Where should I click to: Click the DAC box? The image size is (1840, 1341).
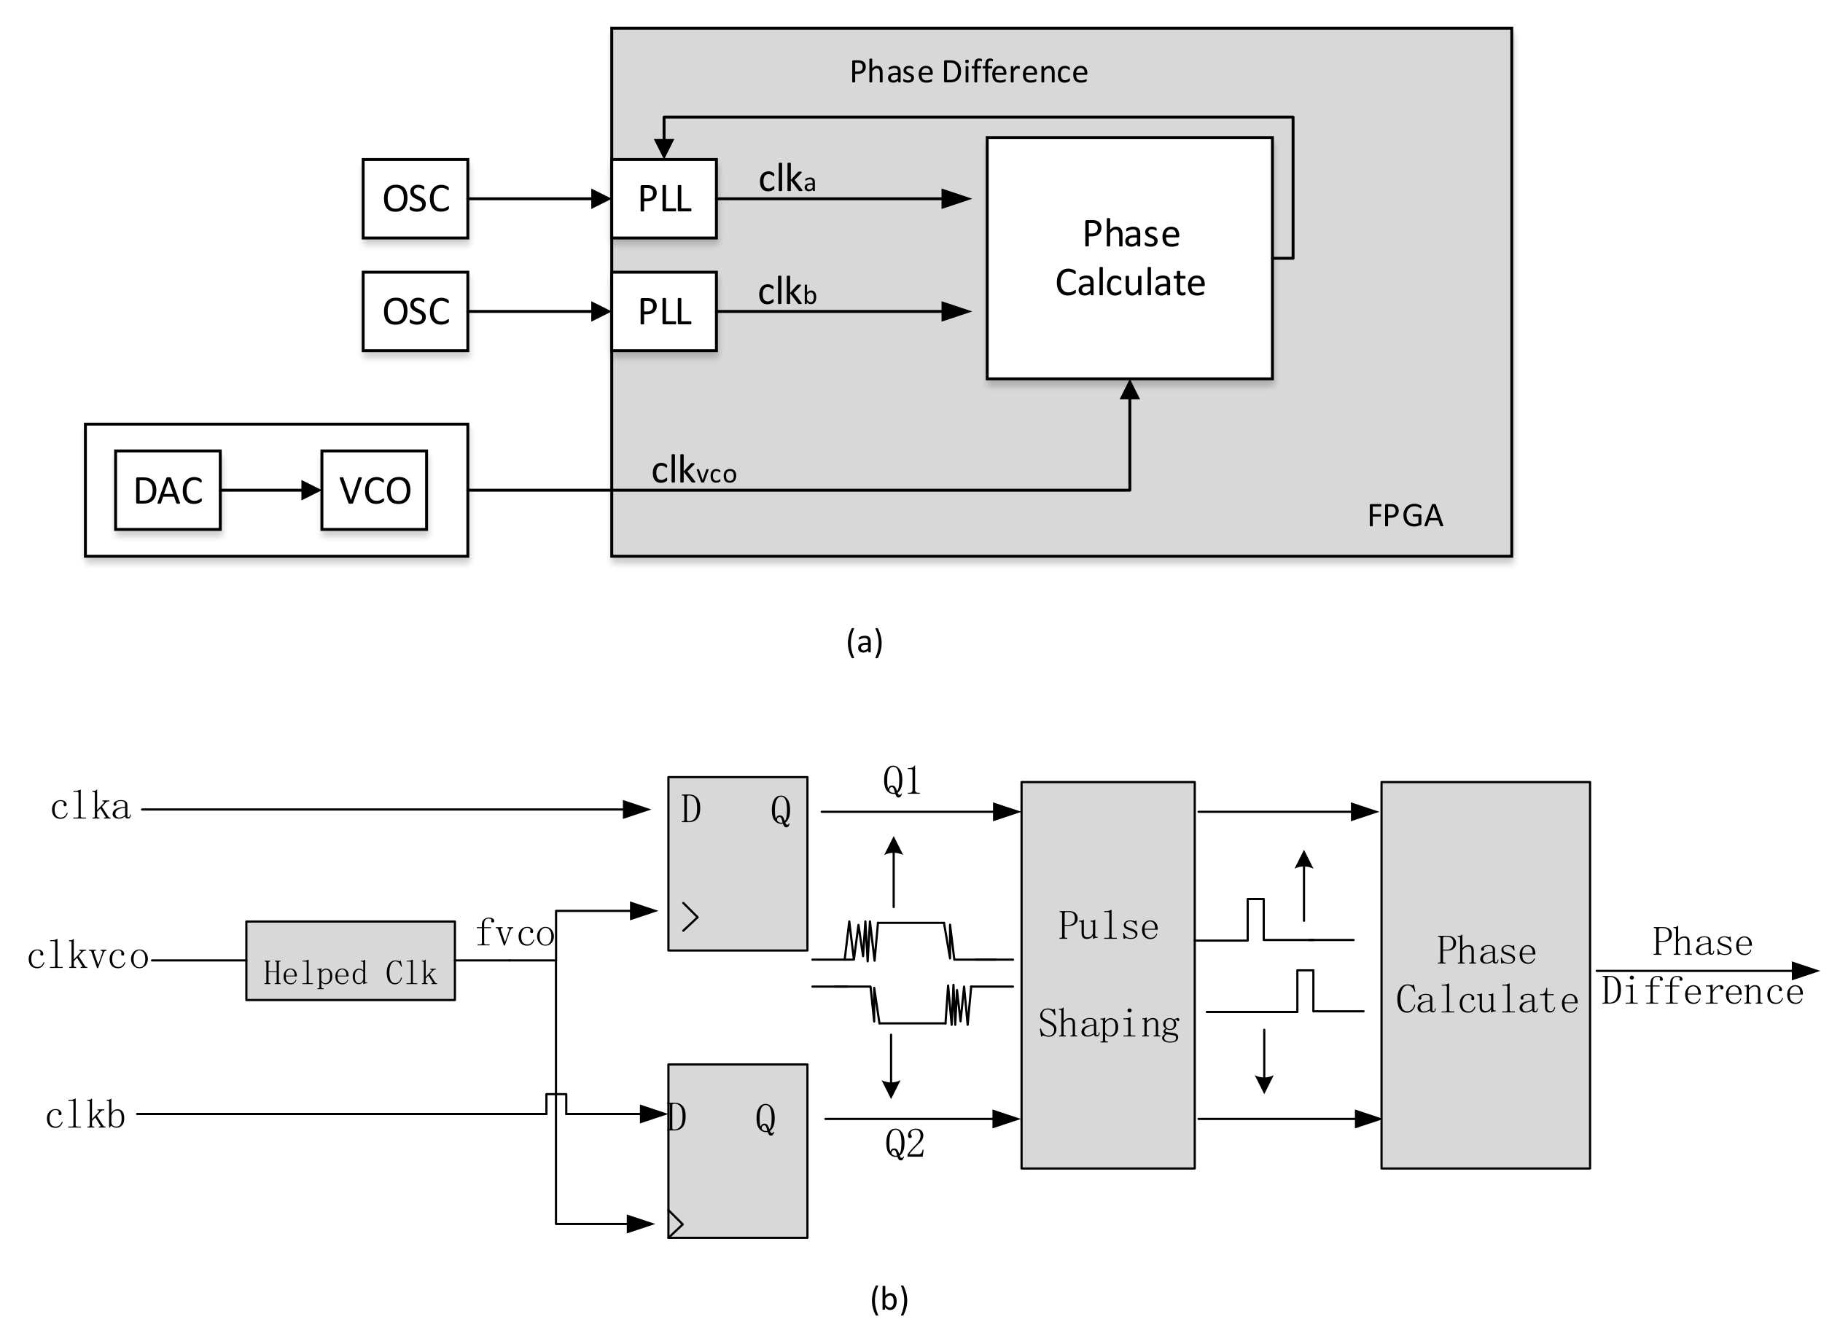coord(167,490)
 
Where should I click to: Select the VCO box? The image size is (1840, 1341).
coord(374,490)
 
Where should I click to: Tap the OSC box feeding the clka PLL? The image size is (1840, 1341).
coord(415,199)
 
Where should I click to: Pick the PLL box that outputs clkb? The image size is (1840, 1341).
coord(664,312)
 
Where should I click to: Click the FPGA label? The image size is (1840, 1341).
coord(1405,516)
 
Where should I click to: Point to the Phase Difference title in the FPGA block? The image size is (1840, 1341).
coord(968,72)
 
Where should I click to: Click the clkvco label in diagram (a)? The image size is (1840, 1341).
coord(693,471)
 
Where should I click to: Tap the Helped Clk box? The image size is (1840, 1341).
coord(350,961)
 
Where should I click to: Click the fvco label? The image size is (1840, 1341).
coord(514,933)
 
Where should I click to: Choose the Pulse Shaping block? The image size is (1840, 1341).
coord(1107,975)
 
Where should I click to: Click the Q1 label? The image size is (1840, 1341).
coord(901,781)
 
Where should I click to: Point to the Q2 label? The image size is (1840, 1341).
coord(905,1143)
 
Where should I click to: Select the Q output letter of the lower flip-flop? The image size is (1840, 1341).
coord(765,1119)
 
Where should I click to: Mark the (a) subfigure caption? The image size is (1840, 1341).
coord(864,642)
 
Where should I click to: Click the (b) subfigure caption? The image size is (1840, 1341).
coord(889,1299)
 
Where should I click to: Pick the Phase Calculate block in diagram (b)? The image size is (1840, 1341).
coord(1485,975)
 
